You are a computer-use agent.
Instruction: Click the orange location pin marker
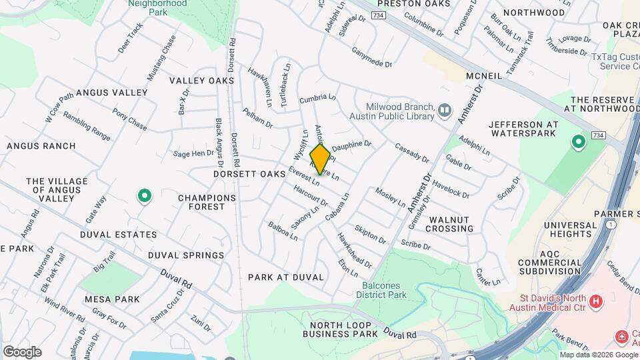[x=321, y=159]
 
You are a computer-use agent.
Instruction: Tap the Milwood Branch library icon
[x=445, y=109]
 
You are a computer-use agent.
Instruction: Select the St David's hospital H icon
[x=596, y=301]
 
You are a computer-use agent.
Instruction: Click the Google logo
[x=22, y=352]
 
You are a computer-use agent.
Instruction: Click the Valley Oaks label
[x=201, y=81]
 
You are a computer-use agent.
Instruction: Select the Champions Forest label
[x=207, y=202]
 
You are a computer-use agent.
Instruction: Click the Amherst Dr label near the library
[x=470, y=107]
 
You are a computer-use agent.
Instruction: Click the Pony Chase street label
[x=129, y=119]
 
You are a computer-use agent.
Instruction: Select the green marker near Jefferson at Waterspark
[x=579, y=142]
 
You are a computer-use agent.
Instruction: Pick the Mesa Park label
[x=112, y=299]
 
